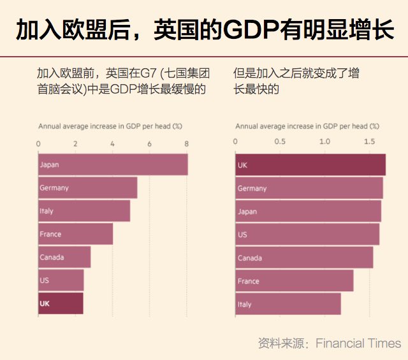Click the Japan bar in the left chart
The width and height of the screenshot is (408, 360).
pyautogui.click(x=113, y=164)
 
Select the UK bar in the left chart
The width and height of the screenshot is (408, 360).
pyautogui.click(x=61, y=303)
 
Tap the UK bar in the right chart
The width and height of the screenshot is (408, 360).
pyautogui.click(x=310, y=165)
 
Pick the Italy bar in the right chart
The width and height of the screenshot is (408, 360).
pyautogui.click(x=288, y=304)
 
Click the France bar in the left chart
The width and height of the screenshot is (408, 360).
pyautogui.click(x=75, y=234)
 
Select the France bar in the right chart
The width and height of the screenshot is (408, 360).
pyautogui.click(x=294, y=280)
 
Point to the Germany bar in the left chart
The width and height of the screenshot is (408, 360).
pyautogui.click(x=87, y=187)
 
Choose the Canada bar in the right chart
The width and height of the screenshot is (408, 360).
pyautogui.click(x=304, y=257)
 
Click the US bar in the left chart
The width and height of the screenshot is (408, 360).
pyautogui.click(x=61, y=280)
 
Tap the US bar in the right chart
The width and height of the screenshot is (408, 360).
pyautogui.click(x=307, y=234)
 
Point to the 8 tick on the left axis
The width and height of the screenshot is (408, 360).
pyautogui.click(x=187, y=142)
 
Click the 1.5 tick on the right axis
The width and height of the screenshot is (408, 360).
pyautogui.click(x=370, y=142)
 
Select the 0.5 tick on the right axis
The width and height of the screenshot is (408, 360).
pyautogui.click(x=280, y=142)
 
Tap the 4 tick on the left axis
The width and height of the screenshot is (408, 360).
pyautogui.click(x=112, y=142)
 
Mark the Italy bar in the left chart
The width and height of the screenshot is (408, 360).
pyautogui.click(x=84, y=211)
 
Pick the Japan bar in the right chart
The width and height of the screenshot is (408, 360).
pyautogui.click(x=309, y=211)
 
